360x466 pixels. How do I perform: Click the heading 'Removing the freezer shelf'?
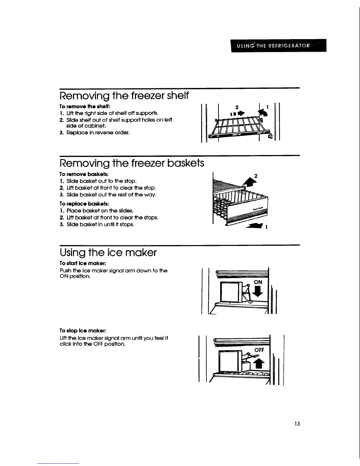[124, 96]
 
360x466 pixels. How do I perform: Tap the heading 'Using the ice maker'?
[108, 252]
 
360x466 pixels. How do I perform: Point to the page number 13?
[297, 424]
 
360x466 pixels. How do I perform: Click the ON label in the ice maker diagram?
[258, 282]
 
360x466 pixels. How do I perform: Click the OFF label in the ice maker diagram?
[259, 350]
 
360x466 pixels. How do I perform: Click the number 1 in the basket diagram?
[266, 227]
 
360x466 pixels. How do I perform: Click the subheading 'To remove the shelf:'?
[81, 106]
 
